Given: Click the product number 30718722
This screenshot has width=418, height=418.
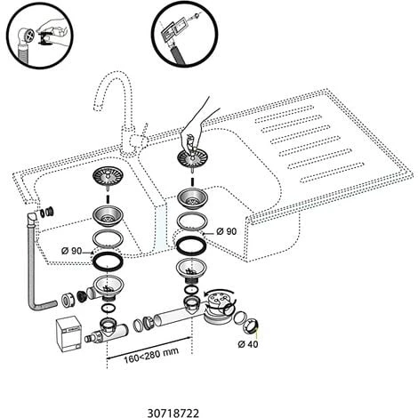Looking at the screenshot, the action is [173, 413].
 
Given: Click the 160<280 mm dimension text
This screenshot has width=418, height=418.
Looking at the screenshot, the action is [151, 355].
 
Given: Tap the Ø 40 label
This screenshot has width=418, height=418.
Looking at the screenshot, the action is [248, 344].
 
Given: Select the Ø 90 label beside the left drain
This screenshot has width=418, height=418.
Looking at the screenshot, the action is [71, 251].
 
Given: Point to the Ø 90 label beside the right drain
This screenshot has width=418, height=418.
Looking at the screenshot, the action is [227, 231].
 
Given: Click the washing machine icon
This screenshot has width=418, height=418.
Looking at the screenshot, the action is [68, 335].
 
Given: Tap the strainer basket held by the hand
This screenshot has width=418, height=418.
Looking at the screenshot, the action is [192, 157].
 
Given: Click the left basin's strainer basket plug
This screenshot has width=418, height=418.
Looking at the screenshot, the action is [109, 177].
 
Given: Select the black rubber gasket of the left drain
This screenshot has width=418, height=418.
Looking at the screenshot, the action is [108, 261].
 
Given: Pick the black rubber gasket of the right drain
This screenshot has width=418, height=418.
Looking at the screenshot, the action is [191, 245].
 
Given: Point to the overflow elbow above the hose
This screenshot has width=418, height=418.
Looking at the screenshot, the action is [31, 220].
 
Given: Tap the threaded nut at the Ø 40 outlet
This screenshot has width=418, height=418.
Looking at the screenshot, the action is [252, 326].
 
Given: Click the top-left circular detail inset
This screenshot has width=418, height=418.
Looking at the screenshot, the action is [40, 36].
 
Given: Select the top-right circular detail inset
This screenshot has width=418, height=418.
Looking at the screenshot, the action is [184, 33].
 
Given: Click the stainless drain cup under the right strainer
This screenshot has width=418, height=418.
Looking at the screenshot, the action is [192, 198].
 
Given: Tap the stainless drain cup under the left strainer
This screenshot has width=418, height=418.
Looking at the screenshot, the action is [108, 216].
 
